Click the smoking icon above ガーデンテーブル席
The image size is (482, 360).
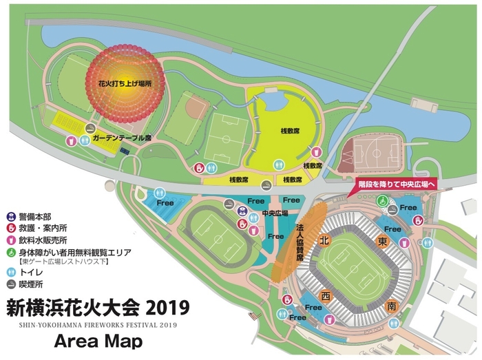(x=90, y=128)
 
